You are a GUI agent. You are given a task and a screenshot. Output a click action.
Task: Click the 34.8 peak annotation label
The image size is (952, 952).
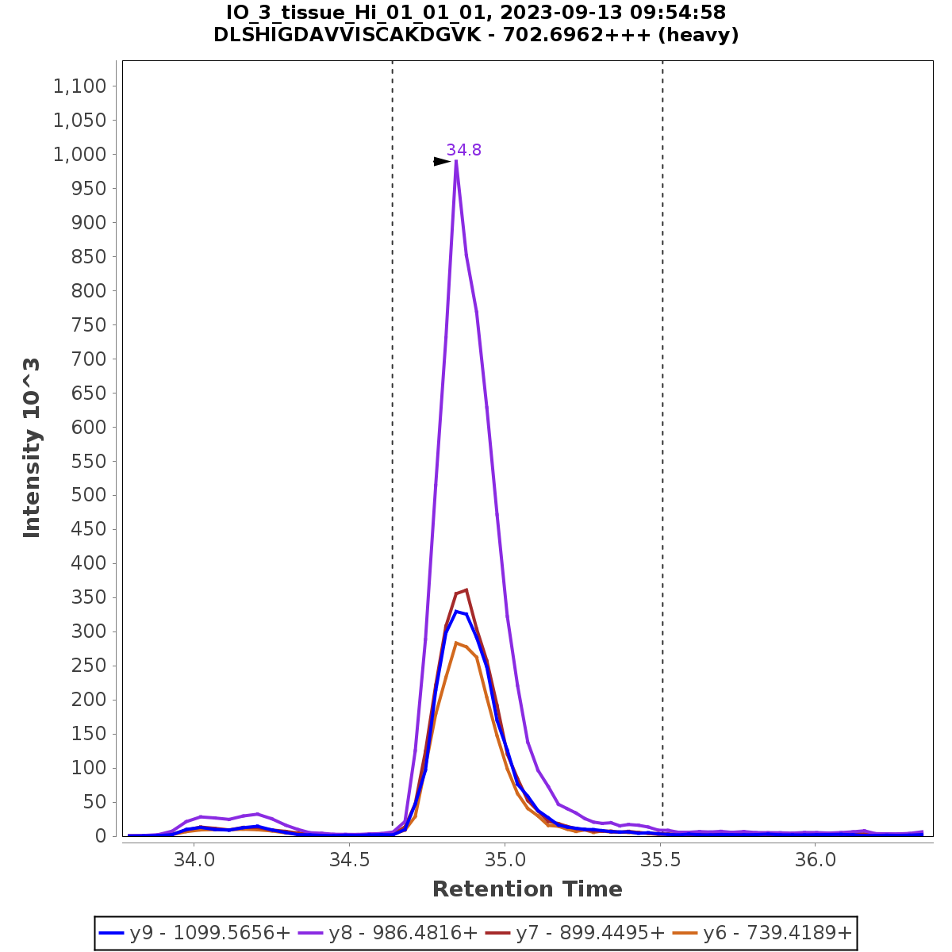coord(463,150)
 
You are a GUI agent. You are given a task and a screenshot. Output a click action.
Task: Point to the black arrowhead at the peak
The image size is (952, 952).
coord(442,162)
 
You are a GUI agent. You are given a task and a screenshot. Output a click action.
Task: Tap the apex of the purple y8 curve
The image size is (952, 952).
coord(456,161)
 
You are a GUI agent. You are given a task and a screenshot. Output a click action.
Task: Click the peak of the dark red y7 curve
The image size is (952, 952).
coord(466,589)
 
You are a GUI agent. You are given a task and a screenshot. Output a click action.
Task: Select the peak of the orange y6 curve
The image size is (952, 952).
coord(456,643)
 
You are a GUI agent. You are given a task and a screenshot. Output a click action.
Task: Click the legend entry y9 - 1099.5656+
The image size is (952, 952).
coord(194,933)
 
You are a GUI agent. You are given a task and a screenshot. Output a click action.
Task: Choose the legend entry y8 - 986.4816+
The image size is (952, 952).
coord(388,933)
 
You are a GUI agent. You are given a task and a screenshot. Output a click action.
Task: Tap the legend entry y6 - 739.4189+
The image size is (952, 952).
coord(762,933)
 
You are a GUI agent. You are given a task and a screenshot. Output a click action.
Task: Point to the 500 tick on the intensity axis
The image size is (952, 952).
coord(90,495)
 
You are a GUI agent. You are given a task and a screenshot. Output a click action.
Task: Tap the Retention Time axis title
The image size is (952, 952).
coord(527,889)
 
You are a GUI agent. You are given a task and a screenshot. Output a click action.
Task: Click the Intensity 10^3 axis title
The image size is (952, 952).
coord(32,448)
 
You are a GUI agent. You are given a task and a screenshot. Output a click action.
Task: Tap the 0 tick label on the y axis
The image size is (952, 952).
coord(101,836)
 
